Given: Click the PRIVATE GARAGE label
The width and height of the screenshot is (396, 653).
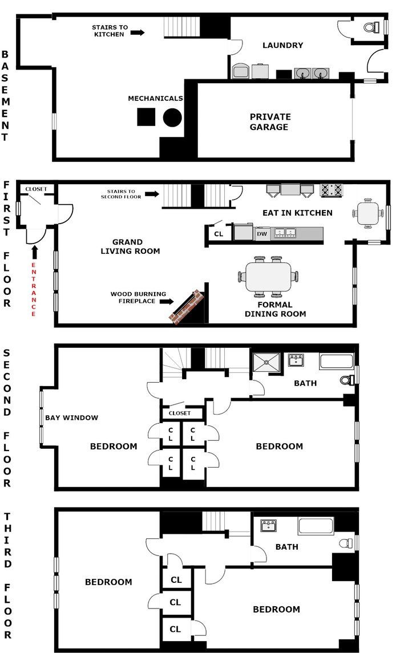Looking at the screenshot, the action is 269,122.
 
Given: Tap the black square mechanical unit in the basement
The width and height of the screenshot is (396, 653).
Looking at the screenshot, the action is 146,117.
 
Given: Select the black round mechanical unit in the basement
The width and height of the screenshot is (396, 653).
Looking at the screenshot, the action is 172,117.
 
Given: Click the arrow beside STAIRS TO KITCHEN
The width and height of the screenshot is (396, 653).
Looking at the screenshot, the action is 138,33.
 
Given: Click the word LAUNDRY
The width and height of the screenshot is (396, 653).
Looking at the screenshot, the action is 282,46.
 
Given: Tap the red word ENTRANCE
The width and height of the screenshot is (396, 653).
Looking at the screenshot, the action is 34,290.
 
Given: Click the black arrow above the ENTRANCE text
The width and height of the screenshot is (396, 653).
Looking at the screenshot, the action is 34,252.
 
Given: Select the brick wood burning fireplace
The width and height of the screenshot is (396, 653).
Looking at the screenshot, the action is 186,306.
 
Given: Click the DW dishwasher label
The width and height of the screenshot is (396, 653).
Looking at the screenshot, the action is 262,233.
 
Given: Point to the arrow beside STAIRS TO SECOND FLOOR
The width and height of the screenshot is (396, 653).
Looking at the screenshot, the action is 151,194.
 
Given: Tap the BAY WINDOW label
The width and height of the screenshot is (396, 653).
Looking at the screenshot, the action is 71,417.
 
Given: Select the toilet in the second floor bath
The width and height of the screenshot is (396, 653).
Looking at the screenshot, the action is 347,380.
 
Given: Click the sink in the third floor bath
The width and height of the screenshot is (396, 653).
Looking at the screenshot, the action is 268,525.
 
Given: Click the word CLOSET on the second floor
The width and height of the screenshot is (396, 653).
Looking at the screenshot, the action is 180,413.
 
